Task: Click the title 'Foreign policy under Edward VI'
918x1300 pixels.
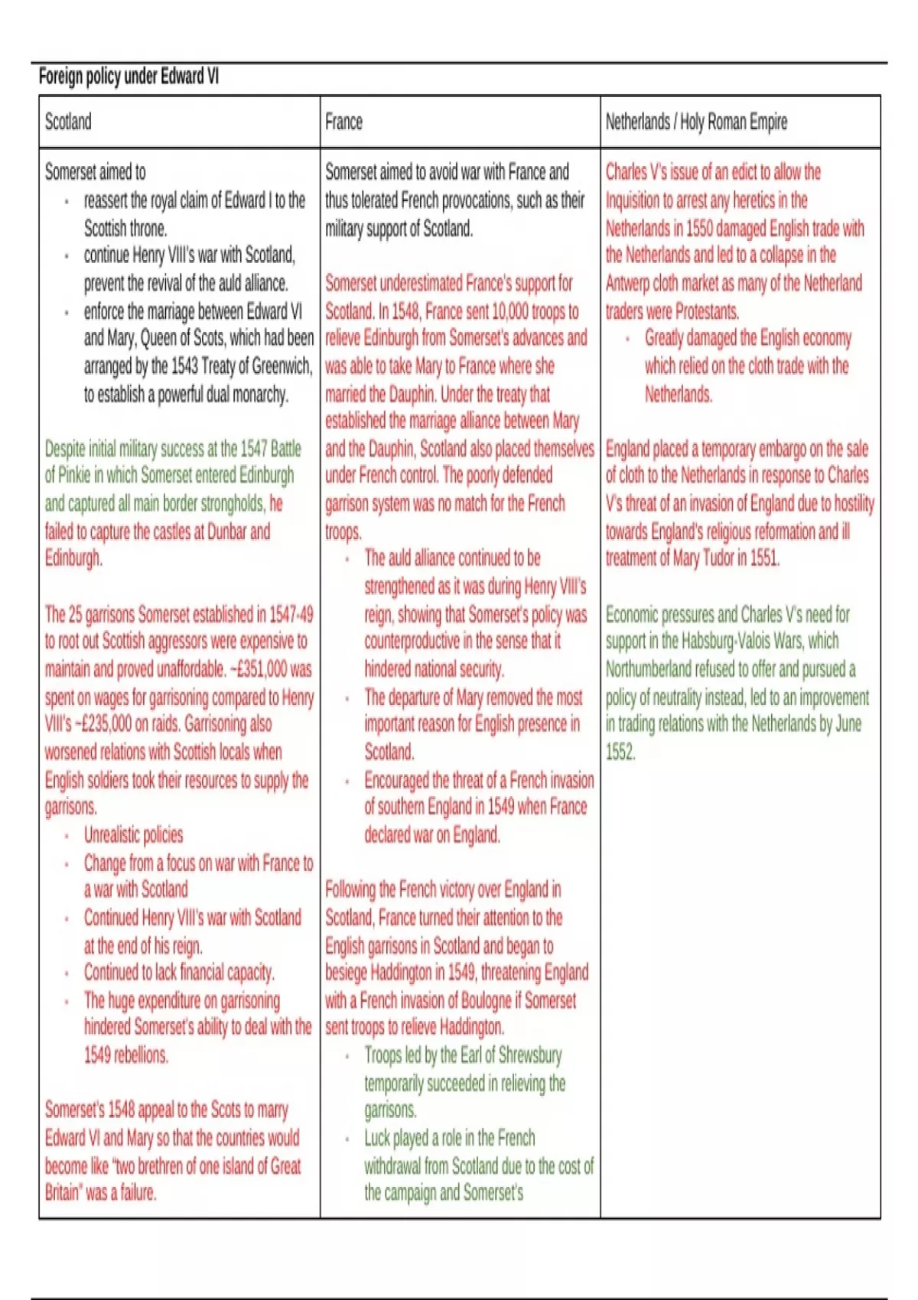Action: (129, 76)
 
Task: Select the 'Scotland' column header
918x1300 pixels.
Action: (68, 122)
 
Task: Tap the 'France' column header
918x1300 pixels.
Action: (343, 122)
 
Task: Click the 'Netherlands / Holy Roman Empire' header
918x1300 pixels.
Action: (696, 122)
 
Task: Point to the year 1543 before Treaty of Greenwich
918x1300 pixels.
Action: (184, 366)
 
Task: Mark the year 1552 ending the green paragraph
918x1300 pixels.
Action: (620, 752)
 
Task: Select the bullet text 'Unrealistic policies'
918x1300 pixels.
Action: (133, 834)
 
